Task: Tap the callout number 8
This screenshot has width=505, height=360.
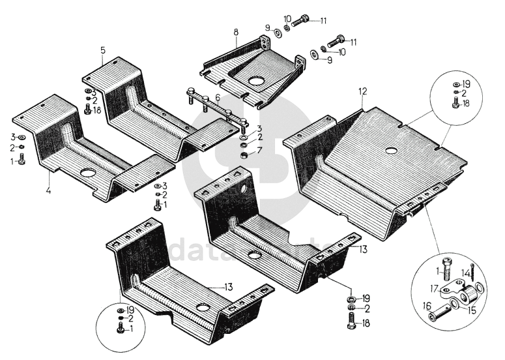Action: (236, 31)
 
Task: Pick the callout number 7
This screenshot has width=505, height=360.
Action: (259, 151)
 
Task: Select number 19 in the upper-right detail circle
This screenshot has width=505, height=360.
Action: (466, 84)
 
